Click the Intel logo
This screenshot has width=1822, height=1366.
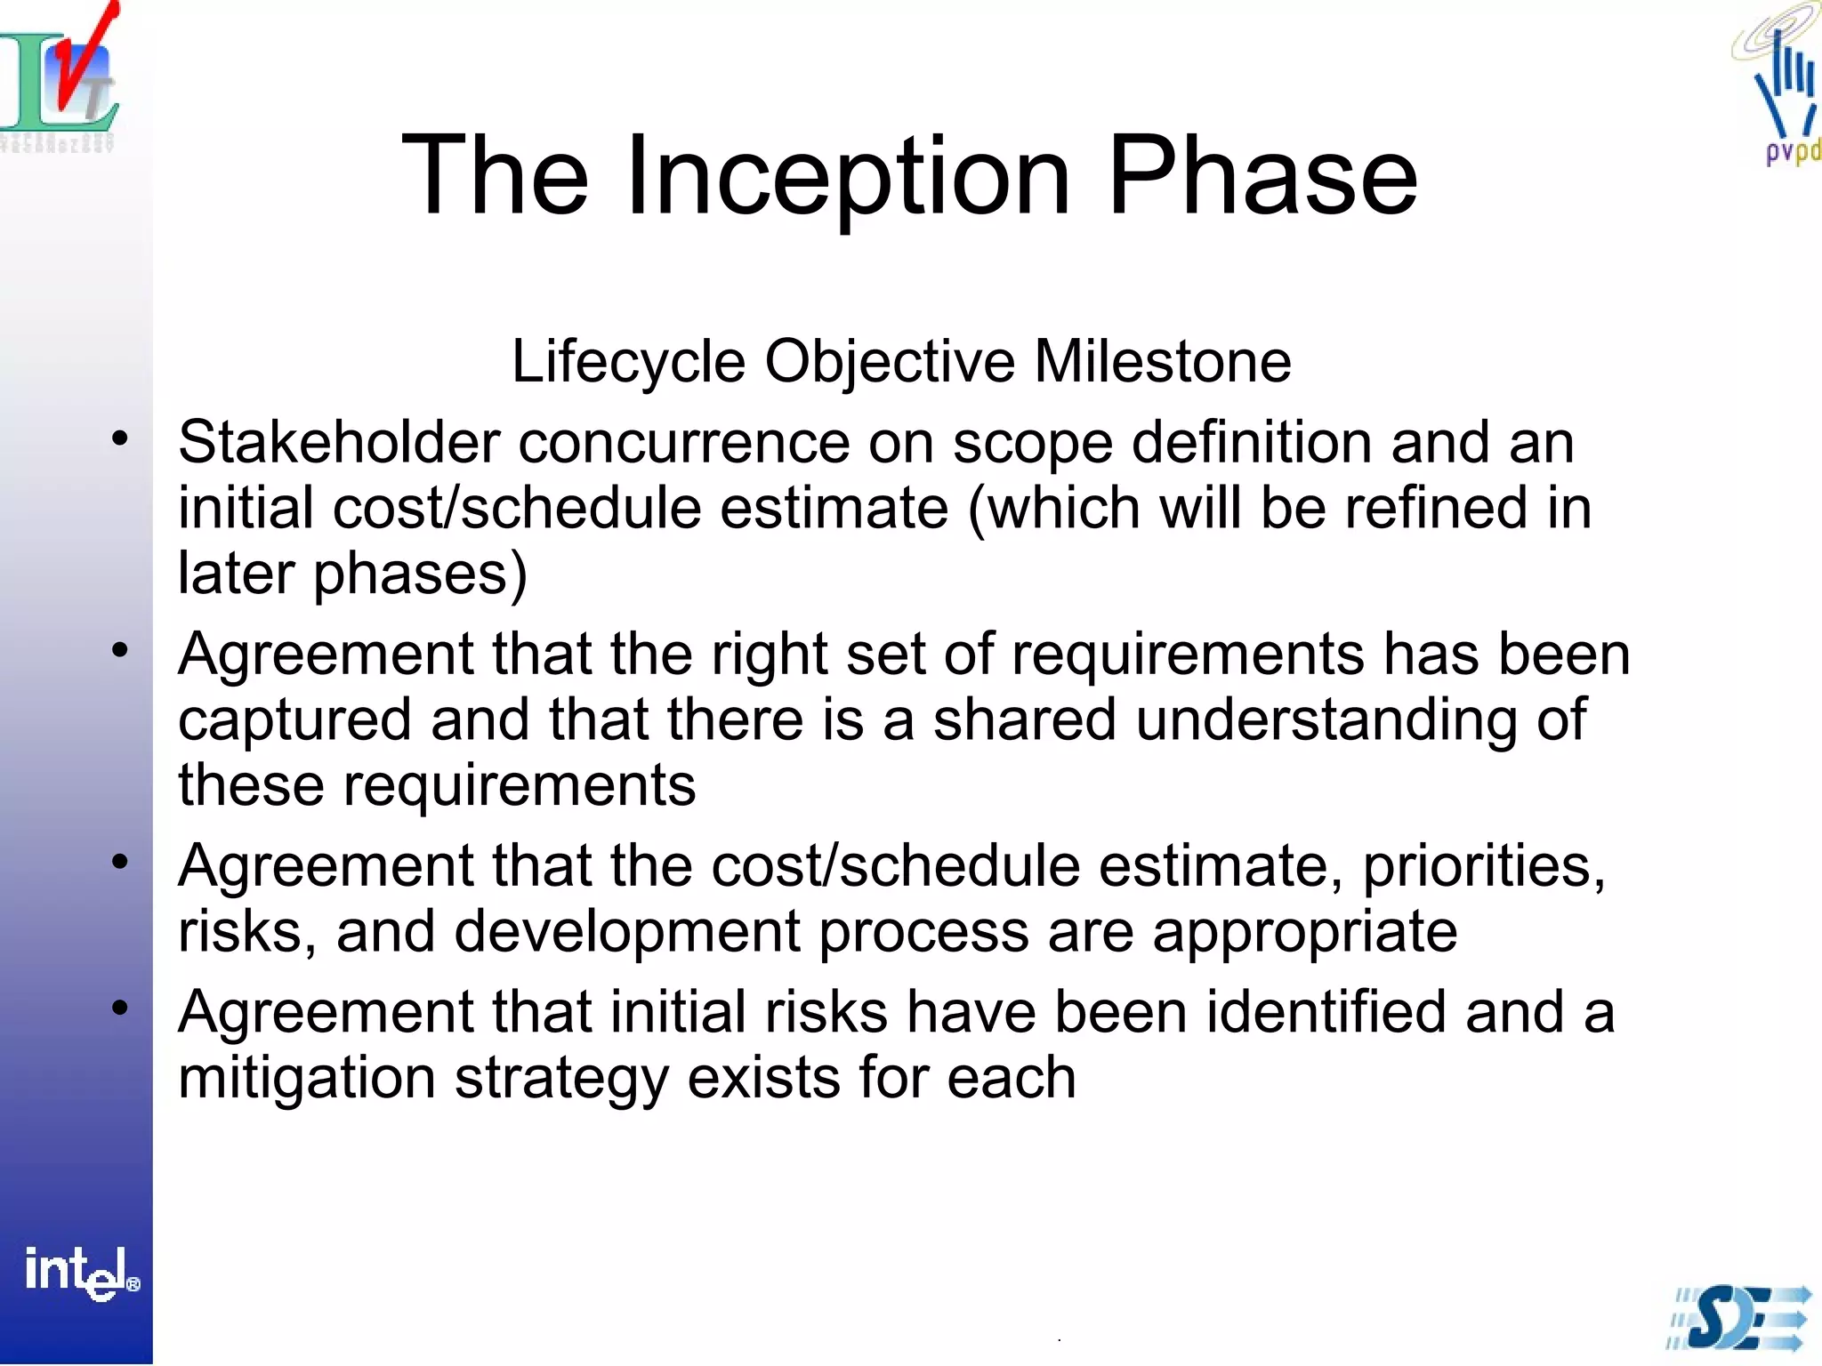tap(81, 1273)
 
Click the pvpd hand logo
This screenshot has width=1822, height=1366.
tap(1784, 89)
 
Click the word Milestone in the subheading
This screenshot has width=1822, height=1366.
tap(1162, 362)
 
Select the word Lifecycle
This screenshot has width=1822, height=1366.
tap(628, 362)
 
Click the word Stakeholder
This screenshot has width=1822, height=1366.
tap(339, 442)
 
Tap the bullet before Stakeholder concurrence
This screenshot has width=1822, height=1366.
tap(121, 438)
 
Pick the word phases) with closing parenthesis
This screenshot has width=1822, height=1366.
tap(420, 574)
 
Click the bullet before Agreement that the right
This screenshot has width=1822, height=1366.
tap(121, 650)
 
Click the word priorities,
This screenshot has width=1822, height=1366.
tap(1484, 865)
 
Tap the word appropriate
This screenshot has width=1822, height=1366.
tap(1304, 931)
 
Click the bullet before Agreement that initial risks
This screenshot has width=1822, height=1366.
tap(121, 1008)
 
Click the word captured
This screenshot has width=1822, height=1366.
tap(294, 719)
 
